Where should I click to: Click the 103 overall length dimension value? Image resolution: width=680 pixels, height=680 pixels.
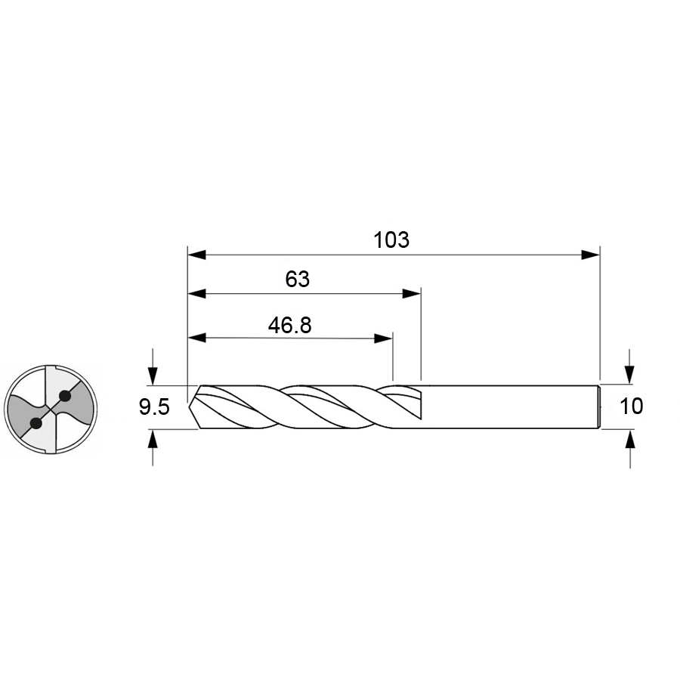(x=391, y=240)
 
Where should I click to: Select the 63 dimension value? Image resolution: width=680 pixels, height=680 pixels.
(x=298, y=279)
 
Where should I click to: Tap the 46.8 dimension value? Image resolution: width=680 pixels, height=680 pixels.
(x=289, y=325)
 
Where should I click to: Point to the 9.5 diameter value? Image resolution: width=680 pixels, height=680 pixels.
(x=154, y=407)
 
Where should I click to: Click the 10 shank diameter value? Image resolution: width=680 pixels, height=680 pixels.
(x=632, y=406)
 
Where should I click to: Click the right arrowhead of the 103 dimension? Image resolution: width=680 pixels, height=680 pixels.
(x=590, y=255)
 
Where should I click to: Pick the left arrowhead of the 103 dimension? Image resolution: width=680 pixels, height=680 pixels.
(x=197, y=255)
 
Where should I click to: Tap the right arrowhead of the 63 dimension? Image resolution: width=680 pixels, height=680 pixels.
(x=412, y=294)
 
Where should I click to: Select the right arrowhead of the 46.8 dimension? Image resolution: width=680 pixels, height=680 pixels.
(x=383, y=338)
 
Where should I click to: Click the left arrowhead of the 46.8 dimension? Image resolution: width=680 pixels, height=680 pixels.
(x=197, y=338)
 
